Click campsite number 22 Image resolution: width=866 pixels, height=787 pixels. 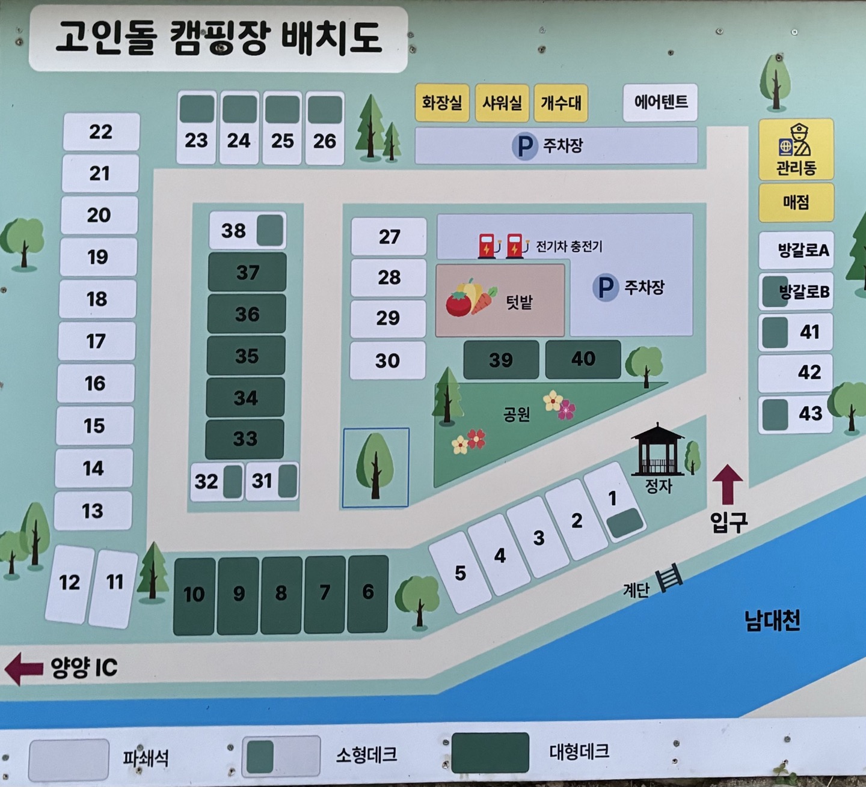[101, 132]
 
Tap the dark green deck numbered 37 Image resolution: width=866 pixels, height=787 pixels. [247, 272]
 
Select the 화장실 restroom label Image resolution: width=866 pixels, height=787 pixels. [442, 103]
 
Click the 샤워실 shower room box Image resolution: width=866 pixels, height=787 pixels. [502, 103]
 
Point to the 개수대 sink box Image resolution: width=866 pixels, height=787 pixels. [560, 103]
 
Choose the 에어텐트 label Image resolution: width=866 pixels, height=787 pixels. [660, 102]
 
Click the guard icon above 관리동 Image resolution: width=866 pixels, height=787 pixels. [796, 140]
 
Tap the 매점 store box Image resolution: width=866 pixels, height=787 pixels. [796, 202]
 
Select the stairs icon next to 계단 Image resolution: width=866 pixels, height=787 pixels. [669, 578]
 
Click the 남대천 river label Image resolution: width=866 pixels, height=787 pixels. [772, 620]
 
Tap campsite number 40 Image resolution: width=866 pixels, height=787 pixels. [583, 359]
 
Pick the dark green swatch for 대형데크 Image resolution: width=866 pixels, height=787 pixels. [490, 752]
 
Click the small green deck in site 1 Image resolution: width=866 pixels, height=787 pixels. [625, 523]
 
